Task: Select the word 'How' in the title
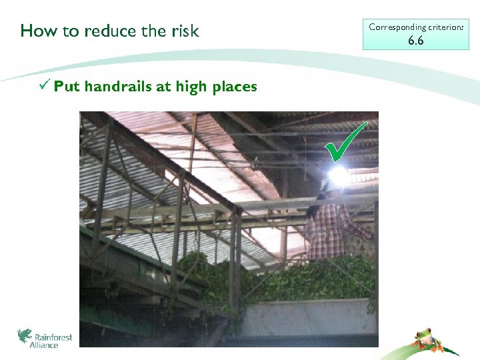(33, 31)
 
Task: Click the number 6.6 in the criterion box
(415, 41)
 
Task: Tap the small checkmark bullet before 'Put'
(45, 86)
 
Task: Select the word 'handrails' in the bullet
(117, 86)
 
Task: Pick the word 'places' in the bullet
(235, 86)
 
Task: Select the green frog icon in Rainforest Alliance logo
(25, 336)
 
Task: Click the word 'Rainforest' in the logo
(53, 337)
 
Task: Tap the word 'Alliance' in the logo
(44, 345)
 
